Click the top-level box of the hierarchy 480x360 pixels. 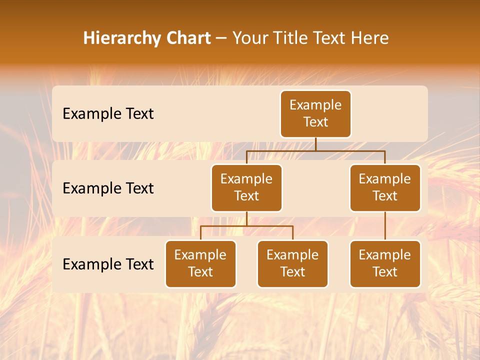pyautogui.click(x=315, y=113)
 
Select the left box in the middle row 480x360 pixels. pyautogui.click(x=246, y=187)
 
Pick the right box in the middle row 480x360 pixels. pyautogui.click(x=385, y=187)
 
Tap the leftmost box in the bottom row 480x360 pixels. pyautogui.click(x=200, y=263)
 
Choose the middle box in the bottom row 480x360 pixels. pyautogui.click(x=292, y=263)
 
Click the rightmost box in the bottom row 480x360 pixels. pyautogui.click(x=385, y=263)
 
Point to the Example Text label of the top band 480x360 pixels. pyautogui.click(x=108, y=114)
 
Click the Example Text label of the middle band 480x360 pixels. pyautogui.click(x=108, y=188)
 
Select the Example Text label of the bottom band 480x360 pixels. pyautogui.click(x=108, y=264)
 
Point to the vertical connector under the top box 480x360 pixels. pyautogui.click(x=315, y=144)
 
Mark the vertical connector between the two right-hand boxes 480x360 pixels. pyautogui.click(x=385, y=226)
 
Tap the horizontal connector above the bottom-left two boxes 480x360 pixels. pyautogui.click(x=246, y=226)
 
